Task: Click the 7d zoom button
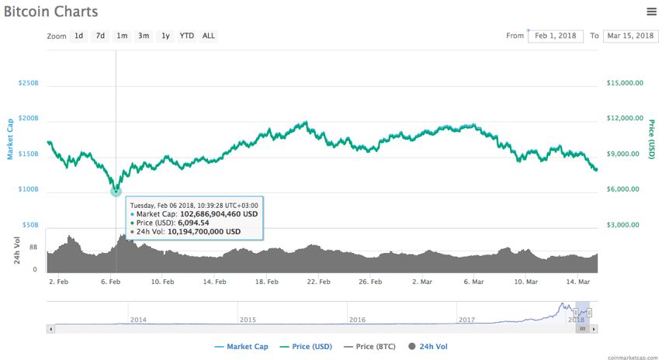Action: pos(100,36)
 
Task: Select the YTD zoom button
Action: pos(186,36)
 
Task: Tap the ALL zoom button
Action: pos(209,36)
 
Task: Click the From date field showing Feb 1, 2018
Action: pos(556,36)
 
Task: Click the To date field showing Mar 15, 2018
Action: pos(630,36)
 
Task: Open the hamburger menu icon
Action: pos(651,12)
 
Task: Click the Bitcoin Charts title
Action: pos(50,12)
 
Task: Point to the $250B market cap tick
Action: pos(28,83)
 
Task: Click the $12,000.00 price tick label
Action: pos(625,118)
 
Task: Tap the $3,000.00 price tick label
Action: pos(623,225)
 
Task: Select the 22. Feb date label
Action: pos(318,282)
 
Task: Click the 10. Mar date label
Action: pos(525,282)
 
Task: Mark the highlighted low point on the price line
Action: pos(116,191)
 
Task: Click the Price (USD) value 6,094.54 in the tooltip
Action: pos(193,223)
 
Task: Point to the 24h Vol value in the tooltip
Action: pos(204,232)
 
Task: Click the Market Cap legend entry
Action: pos(241,346)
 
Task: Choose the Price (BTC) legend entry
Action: pos(369,346)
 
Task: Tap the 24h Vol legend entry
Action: pos(428,346)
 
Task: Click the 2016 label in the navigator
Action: pos(357,320)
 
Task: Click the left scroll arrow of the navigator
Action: pos(50,329)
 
